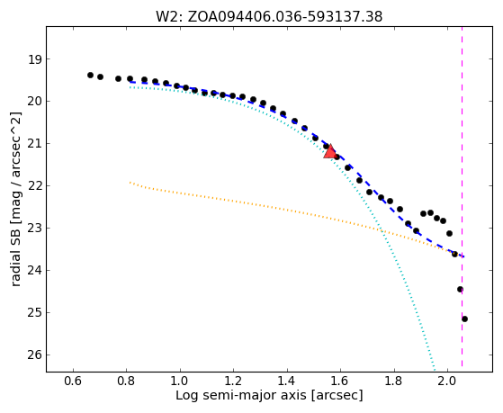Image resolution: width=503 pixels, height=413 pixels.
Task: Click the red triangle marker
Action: tap(329, 151)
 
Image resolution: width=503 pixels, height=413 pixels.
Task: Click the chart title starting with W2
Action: tap(269, 17)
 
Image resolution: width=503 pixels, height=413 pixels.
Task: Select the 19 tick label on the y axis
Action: tap(35, 59)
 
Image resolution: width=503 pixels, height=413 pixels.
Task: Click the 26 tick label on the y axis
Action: tap(35, 355)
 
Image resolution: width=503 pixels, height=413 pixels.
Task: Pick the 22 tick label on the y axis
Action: tap(35, 186)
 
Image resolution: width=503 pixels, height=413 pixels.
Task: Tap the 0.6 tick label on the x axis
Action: tap(73, 381)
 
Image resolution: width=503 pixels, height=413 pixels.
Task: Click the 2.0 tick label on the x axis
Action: tap(447, 381)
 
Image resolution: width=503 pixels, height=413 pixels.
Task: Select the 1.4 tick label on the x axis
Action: tap(287, 381)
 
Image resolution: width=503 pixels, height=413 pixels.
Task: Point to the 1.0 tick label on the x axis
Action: tap(180, 381)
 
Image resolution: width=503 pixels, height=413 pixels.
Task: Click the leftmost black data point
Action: tap(91, 75)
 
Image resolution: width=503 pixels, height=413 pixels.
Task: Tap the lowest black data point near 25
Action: tap(464, 319)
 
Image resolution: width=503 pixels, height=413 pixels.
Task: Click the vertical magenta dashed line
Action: tap(462, 196)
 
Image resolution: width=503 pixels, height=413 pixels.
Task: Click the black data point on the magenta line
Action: tap(460, 290)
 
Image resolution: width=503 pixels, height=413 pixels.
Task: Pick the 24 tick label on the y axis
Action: tap(35, 271)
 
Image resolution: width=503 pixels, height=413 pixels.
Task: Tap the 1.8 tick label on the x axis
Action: tap(393, 381)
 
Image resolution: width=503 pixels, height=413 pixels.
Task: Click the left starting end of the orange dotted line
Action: tap(130, 183)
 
